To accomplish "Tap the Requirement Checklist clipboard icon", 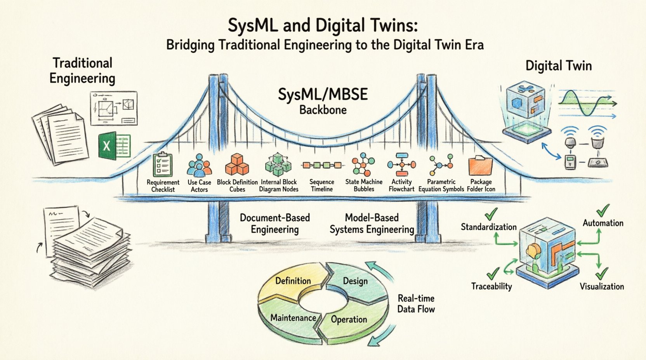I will pos(162,165).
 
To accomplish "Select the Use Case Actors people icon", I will pos(199,166).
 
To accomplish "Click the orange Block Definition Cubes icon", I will pos(237,164).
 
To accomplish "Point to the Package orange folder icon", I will pos(481,166).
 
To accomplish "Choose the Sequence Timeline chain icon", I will pos(322,165).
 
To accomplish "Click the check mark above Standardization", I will pos(491,213).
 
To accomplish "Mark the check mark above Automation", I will pos(603,211).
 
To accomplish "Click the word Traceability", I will pos(491,286).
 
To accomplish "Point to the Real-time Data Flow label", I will pos(416,304).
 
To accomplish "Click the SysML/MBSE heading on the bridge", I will pos(323,95).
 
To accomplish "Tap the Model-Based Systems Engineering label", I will pos(372,223).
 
